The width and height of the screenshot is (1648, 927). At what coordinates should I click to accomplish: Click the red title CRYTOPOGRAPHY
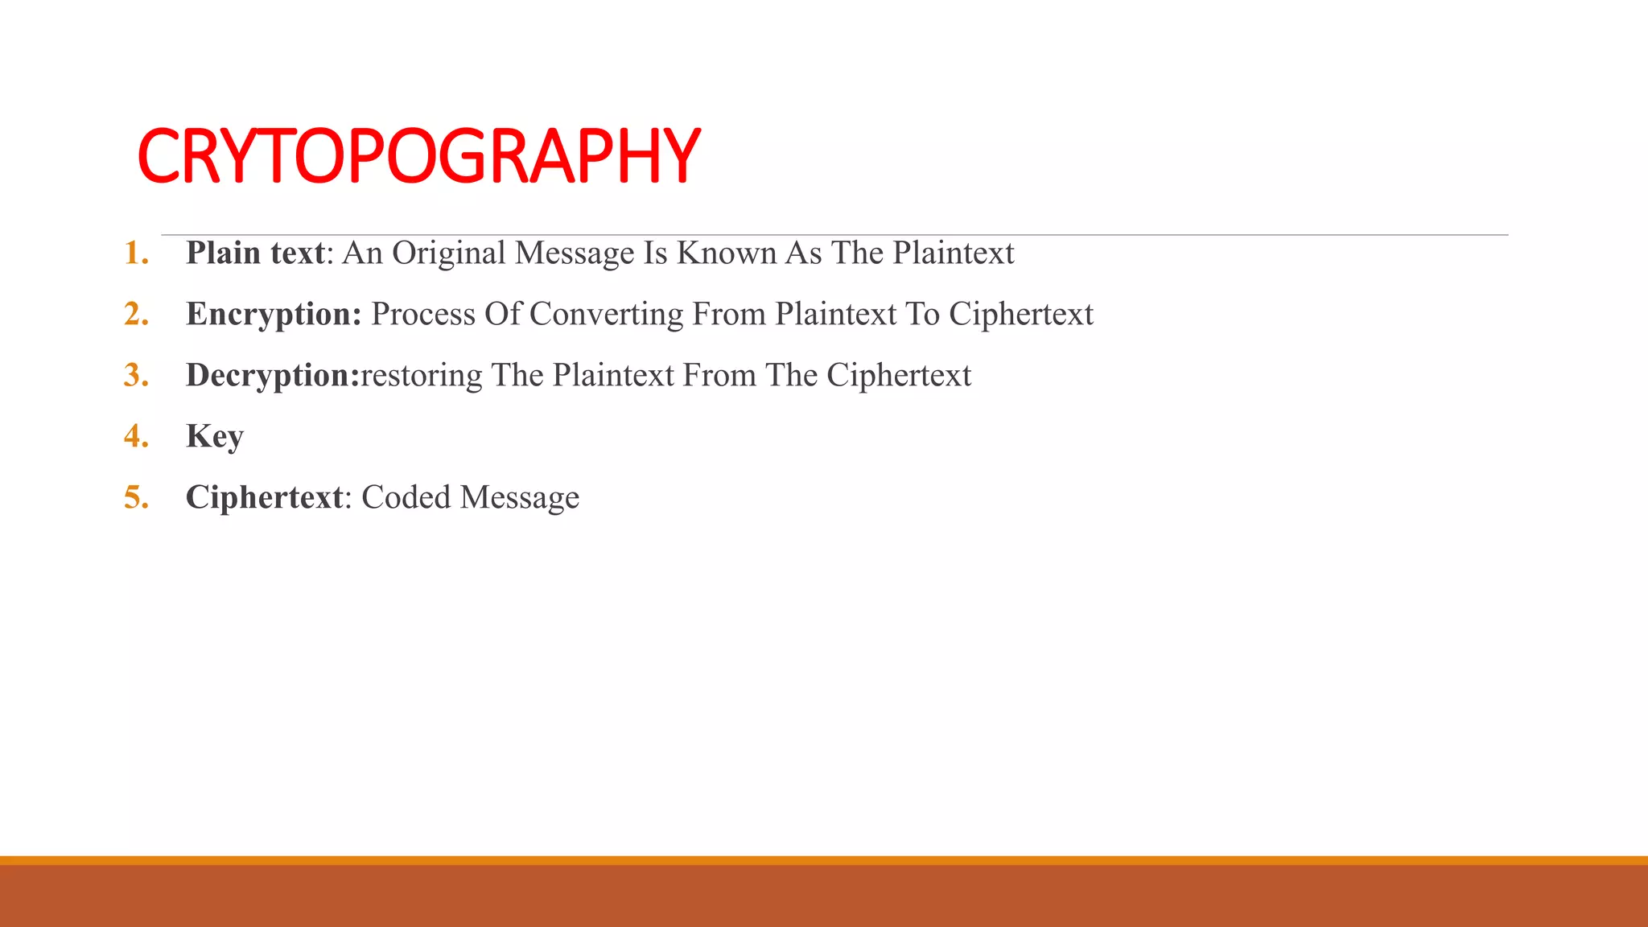tap(418, 156)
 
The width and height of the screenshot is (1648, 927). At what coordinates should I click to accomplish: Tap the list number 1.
tap(136, 253)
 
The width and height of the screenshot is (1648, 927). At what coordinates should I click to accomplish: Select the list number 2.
tap(136, 315)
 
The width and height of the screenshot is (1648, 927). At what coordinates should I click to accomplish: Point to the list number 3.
tap(136, 376)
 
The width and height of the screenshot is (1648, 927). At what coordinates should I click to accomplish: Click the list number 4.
tap(136, 437)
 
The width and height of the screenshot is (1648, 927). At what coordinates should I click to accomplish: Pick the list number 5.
tap(136, 498)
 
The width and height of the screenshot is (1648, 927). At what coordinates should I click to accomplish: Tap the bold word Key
tap(215, 437)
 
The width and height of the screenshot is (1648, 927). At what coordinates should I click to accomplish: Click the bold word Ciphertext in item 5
tap(265, 498)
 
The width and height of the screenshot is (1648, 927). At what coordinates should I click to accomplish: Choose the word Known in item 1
tap(726, 253)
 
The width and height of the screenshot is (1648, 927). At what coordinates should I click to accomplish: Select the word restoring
tap(422, 376)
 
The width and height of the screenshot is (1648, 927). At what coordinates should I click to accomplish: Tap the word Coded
tap(406, 498)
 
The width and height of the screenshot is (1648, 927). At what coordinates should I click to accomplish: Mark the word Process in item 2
tap(422, 315)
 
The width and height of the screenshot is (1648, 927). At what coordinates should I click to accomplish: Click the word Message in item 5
tap(520, 498)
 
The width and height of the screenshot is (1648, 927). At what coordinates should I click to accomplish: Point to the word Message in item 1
tap(575, 253)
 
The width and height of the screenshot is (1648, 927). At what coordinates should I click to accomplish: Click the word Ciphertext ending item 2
tap(1020, 315)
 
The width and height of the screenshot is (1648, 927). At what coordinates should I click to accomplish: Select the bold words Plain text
tap(255, 253)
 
